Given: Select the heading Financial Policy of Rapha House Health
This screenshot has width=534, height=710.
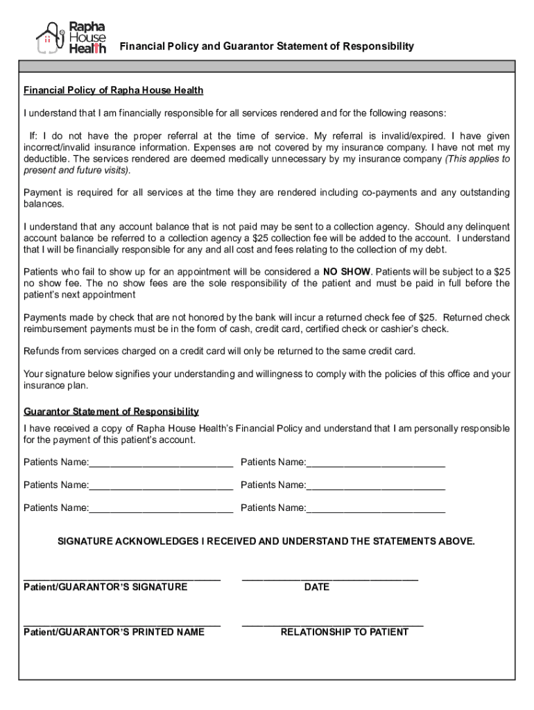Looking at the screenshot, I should (x=113, y=91).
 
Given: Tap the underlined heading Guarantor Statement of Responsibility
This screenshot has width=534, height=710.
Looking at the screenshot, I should (x=111, y=411).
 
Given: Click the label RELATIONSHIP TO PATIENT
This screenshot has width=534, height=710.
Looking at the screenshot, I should (x=344, y=632).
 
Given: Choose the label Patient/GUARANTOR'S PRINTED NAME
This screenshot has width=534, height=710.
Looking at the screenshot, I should (x=114, y=632).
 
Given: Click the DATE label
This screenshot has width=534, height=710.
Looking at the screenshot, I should (x=316, y=587).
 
